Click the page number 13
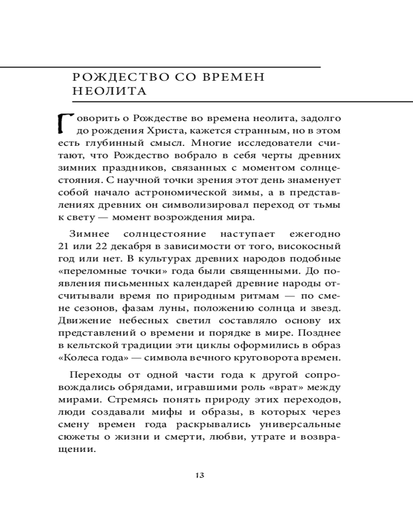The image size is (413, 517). (201, 475)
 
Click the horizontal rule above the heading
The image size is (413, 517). (160, 67)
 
